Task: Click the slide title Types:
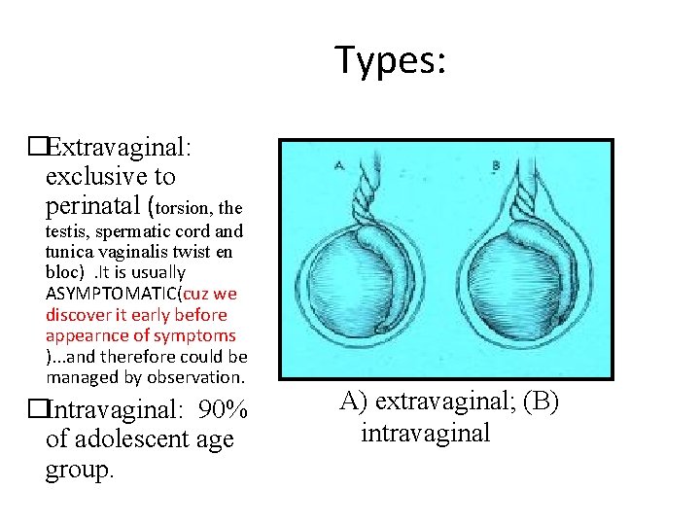point(391,60)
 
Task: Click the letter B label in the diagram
point(496,166)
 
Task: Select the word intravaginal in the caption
point(426,433)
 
